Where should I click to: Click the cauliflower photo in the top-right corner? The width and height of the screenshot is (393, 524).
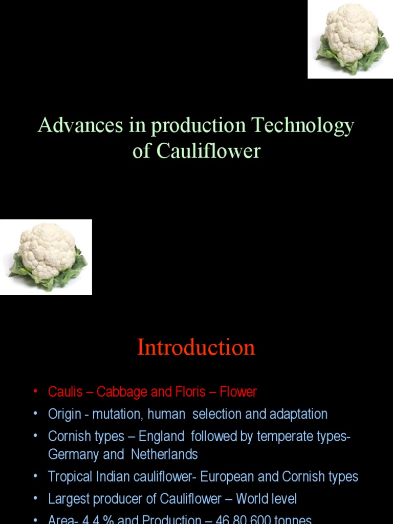pyautogui.click(x=350, y=39)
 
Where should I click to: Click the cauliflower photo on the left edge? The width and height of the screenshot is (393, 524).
pyautogui.click(x=46, y=257)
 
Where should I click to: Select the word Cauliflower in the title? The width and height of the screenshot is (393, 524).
pyautogui.click(x=208, y=151)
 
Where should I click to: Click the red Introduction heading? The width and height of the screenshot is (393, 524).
pyautogui.click(x=196, y=348)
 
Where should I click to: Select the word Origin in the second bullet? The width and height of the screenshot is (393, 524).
pyautogui.click(x=64, y=414)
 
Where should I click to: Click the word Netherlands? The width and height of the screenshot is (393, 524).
pyautogui.click(x=164, y=454)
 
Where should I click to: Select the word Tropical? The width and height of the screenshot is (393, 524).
pyautogui.click(x=70, y=477)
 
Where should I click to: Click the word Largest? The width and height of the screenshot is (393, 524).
pyautogui.click(x=69, y=499)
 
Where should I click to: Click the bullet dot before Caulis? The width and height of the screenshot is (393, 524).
pyautogui.click(x=35, y=392)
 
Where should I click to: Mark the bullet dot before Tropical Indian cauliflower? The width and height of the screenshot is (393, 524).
pyautogui.click(x=35, y=477)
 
